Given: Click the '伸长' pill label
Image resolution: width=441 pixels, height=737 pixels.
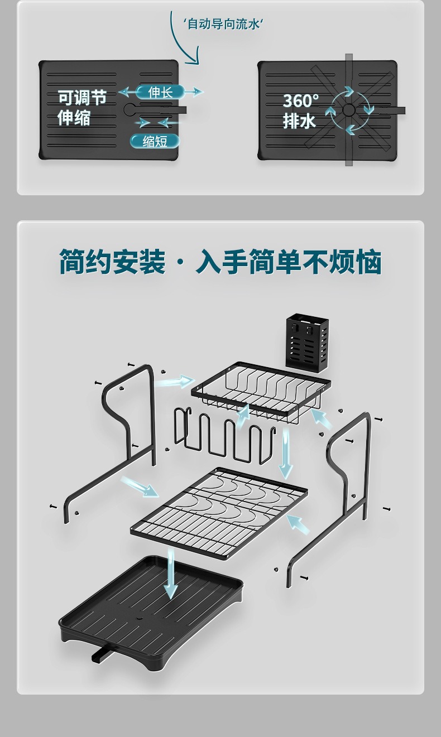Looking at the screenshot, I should coord(160,92).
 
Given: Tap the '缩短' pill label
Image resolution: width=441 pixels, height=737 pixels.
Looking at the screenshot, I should coord(155,141).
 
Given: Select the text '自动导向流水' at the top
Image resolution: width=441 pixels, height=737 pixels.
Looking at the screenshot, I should coord(223,24).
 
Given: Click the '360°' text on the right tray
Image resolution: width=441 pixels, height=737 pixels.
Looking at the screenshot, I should coord(301,101).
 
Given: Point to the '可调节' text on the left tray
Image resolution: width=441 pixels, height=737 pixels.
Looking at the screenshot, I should coord(82,98).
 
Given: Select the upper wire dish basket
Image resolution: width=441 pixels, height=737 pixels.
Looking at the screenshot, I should coord(261,392).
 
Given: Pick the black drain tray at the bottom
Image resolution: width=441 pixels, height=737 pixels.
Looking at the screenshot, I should coord(151,614).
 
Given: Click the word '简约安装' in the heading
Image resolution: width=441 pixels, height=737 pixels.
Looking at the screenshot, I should coord(112,262).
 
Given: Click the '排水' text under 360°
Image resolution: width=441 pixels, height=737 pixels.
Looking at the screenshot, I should coord(299,121).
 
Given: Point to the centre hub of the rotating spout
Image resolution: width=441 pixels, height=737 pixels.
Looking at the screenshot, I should coord(349,110).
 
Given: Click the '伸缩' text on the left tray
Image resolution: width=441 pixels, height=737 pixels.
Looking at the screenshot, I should coord(74,118).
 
